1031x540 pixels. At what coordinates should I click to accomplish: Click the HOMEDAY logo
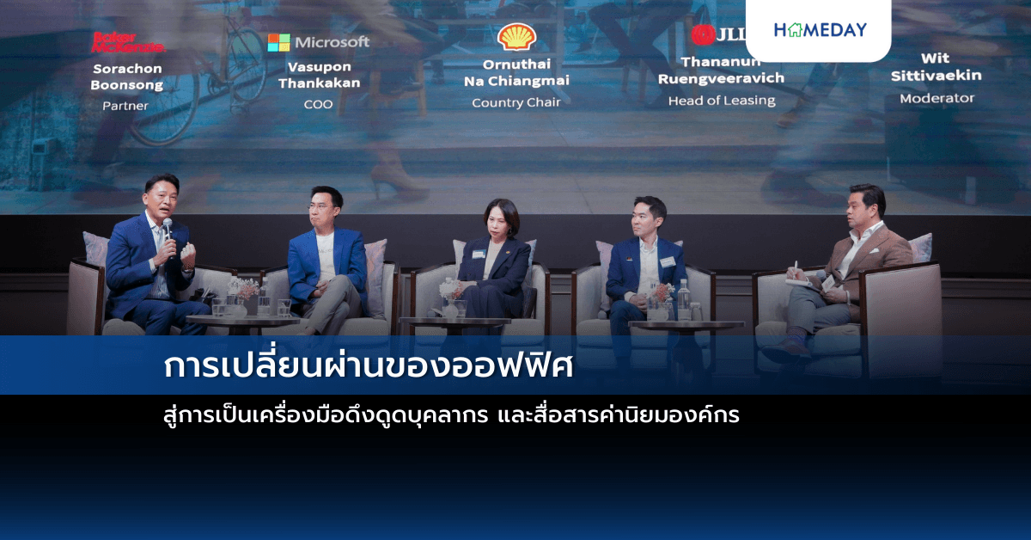820,30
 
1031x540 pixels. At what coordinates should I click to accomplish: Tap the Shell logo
517,37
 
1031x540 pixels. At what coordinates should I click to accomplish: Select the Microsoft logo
319,42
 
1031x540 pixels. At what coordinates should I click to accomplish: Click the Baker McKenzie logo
127,41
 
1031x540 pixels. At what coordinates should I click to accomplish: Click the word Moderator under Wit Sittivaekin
936,98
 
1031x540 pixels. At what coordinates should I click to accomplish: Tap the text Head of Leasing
722,101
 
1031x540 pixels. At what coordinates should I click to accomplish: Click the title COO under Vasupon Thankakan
319,104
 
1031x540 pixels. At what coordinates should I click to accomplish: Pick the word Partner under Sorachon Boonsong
125,106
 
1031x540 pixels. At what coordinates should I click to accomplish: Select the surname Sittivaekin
936,76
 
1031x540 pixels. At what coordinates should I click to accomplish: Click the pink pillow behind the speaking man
96,249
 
